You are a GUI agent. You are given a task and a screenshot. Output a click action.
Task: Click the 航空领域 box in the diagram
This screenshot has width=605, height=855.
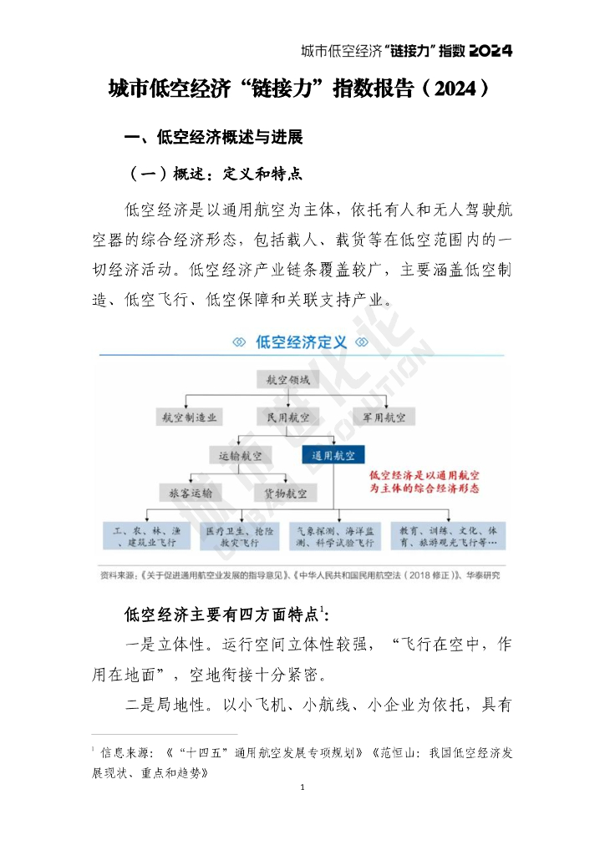(x=287, y=380)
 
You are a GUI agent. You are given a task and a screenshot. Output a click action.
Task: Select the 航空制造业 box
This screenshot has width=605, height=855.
(x=189, y=416)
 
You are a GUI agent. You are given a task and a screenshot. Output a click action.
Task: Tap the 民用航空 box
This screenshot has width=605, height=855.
(x=287, y=416)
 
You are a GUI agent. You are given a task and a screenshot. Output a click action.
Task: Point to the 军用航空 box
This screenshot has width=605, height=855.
(x=384, y=416)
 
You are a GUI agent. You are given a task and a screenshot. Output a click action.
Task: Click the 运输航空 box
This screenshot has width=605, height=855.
(x=240, y=455)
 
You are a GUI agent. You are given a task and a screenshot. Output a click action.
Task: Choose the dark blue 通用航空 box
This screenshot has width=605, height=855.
(x=333, y=455)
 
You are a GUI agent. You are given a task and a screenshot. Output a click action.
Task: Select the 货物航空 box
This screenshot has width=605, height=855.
(x=286, y=493)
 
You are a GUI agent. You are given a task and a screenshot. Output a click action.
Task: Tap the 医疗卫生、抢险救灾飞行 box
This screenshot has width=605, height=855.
(x=239, y=536)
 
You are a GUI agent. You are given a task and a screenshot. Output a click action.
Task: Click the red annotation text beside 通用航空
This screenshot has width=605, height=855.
(x=430, y=482)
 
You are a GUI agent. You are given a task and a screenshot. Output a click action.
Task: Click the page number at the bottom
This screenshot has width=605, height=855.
(x=302, y=787)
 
